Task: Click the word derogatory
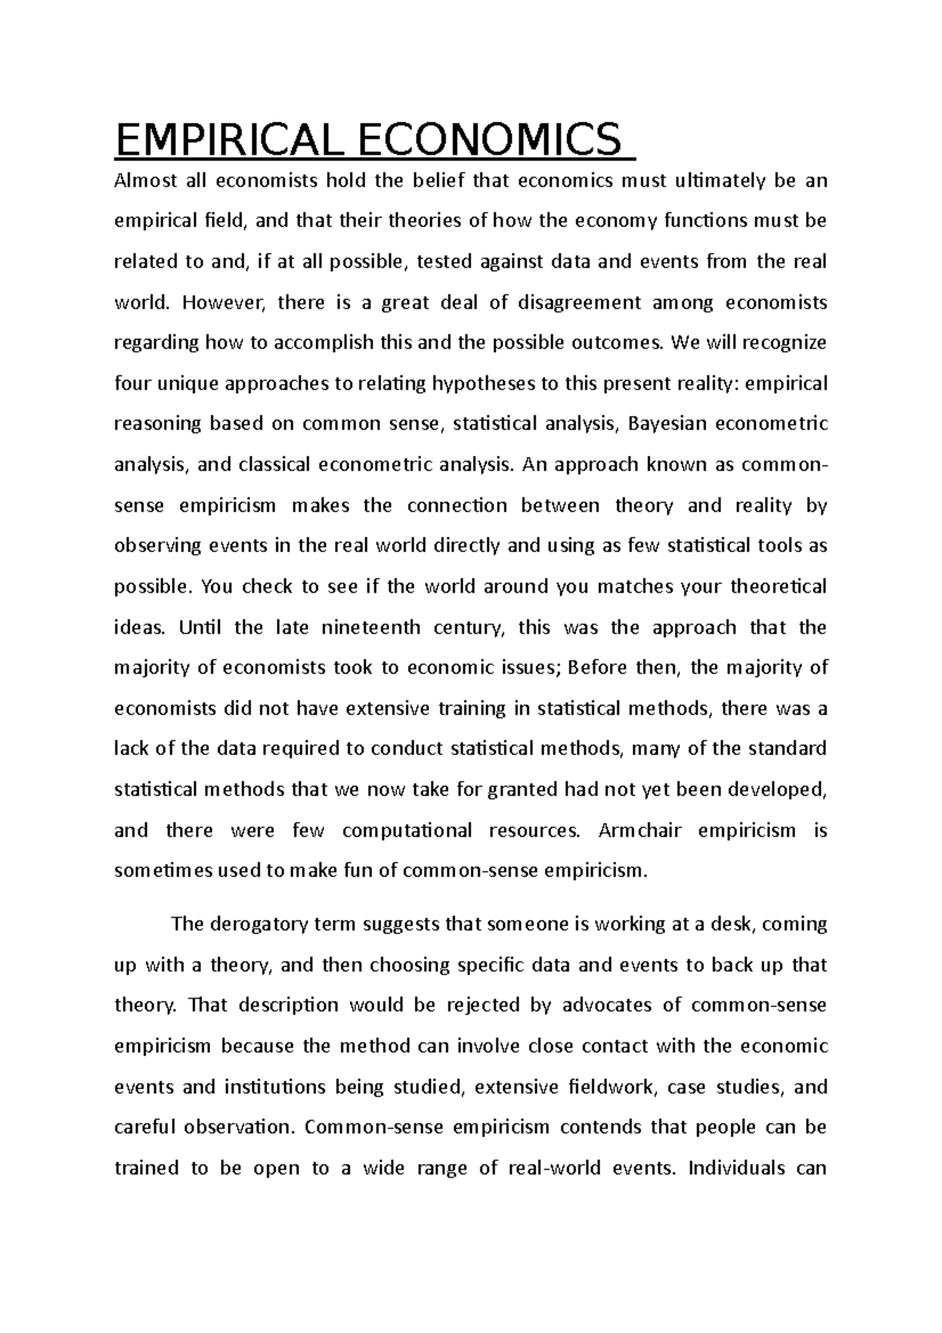(260, 924)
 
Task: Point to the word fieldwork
(615, 1087)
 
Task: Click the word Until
(200, 627)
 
